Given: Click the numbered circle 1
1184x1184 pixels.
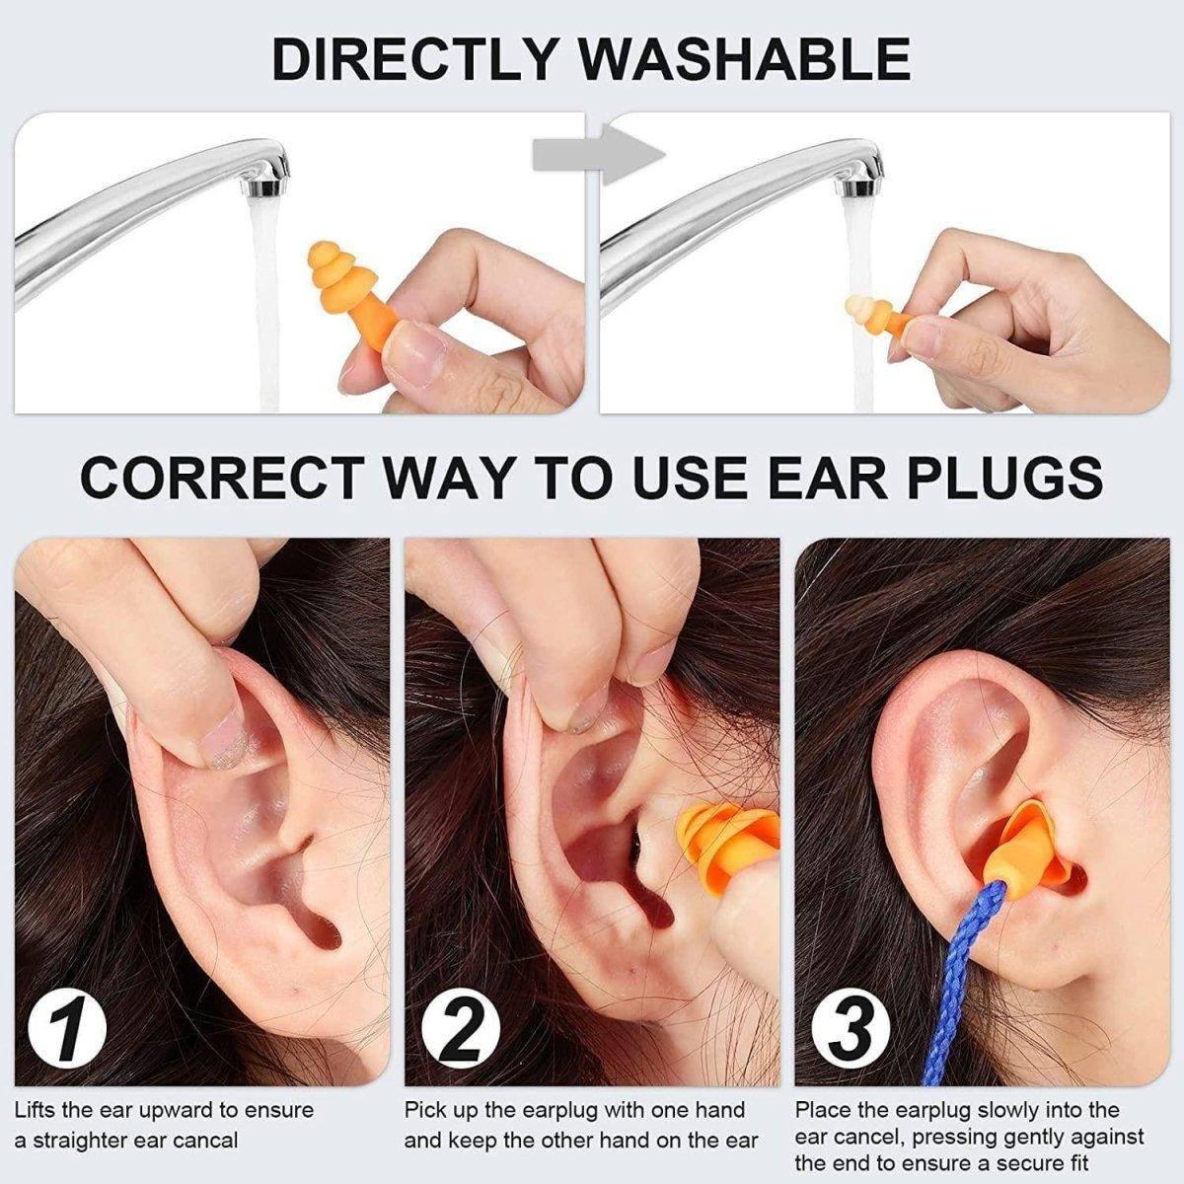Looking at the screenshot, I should click(x=68, y=1027).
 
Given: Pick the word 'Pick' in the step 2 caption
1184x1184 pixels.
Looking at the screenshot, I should click(x=426, y=1111).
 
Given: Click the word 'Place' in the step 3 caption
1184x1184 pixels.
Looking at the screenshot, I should click(x=822, y=1111).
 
